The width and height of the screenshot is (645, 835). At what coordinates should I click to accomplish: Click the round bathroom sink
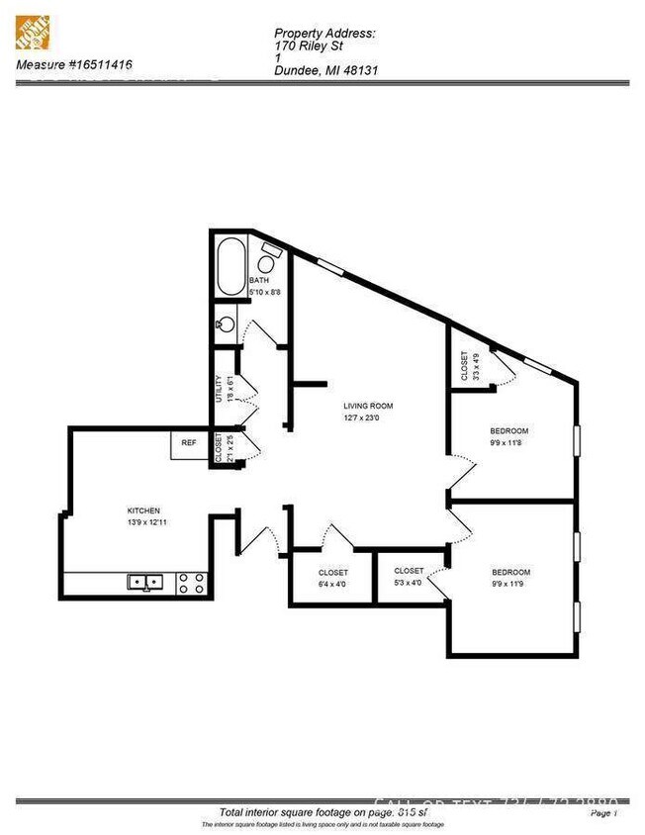click(226, 324)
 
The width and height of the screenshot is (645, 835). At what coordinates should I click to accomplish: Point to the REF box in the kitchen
click(188, 442)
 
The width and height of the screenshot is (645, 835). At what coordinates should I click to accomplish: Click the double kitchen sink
click(145, 583)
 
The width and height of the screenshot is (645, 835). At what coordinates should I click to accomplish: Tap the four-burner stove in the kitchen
click(191, 584)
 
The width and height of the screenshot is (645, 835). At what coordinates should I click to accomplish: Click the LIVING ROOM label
click(369, 406)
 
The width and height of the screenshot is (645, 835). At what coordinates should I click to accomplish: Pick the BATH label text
click(260, 282)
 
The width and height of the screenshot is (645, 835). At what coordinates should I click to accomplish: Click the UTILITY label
click(219, 388)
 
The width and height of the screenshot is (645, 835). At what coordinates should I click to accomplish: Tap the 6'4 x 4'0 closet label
click(332, 579)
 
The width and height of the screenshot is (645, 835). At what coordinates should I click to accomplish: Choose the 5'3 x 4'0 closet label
click(409, 577)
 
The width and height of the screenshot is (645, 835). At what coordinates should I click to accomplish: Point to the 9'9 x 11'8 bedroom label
click(509, 436)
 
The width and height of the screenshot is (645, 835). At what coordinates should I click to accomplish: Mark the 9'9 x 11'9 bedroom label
click(511, 579)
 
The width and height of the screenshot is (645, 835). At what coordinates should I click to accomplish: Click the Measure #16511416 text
click(75, 66)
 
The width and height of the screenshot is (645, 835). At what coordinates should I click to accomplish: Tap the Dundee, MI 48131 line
click(326, 70)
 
